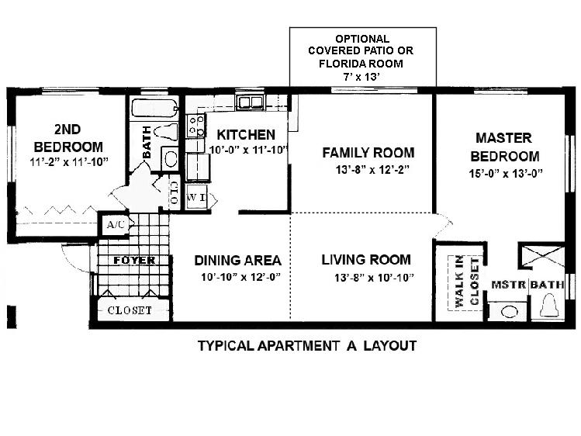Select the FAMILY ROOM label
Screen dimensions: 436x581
coord(368,153)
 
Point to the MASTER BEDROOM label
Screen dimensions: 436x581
coord(503,147)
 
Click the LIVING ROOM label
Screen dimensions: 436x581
coord(366,259)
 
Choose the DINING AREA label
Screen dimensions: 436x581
coord(237,261)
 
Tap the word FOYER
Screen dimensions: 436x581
coord(134,261)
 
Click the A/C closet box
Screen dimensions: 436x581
coord(116,225)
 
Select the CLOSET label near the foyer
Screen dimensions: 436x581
coord(130,310)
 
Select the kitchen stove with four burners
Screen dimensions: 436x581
coord(195,126)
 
